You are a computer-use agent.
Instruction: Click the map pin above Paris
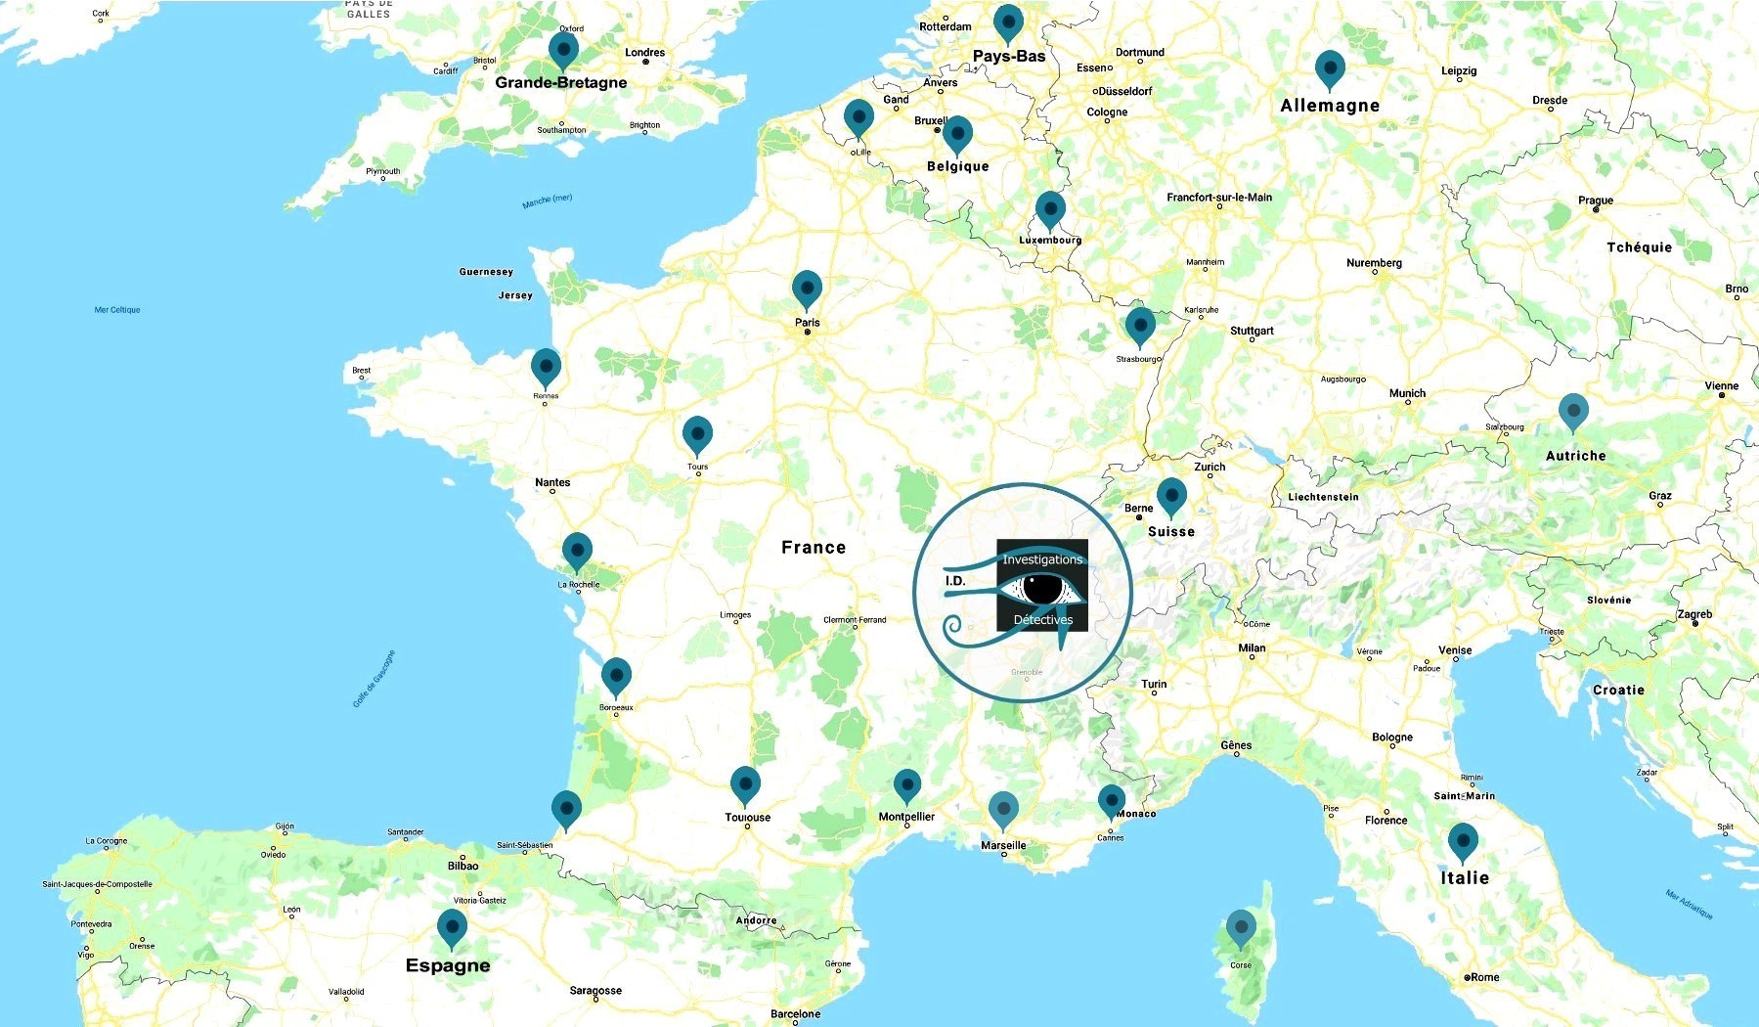807,288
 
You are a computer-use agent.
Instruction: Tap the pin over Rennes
546,367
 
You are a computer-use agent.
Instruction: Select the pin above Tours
697,433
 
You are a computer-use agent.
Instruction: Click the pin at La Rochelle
577,551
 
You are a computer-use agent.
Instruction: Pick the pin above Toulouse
745,783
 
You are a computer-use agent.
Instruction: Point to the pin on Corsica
1241,927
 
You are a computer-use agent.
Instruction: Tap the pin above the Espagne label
452,926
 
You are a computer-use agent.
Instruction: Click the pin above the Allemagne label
1330,68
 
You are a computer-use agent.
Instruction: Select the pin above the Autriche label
1573,411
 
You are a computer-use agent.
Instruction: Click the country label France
814,548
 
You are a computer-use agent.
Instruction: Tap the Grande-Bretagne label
561,82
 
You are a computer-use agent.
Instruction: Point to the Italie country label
1465,878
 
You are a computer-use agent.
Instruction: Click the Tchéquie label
1640,247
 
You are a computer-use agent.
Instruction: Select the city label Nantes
552,482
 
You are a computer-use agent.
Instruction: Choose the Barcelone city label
795,1014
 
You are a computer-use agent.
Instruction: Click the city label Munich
1407,393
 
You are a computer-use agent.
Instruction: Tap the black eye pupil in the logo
1043,588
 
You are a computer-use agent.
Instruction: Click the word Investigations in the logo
1042,559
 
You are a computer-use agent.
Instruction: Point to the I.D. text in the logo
955,581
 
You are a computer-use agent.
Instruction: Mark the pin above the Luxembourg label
1050,208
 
